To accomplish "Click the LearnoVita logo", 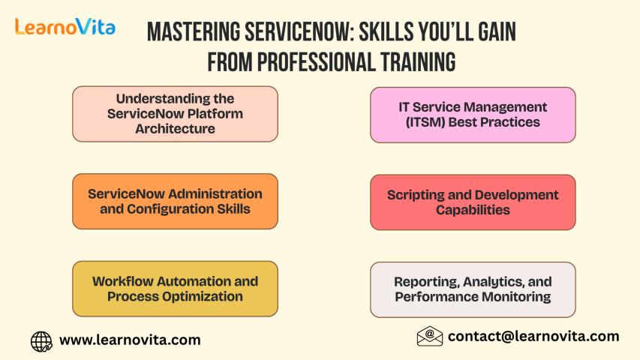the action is pyautogui.click(x=65, y=27).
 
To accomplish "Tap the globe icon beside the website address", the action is pyautogui.click(x=41, y=341).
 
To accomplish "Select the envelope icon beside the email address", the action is pyautogui.click(x=430, y=336).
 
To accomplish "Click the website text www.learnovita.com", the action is pyautogui.click(x=130, y=340).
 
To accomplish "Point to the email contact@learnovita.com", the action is pyautogui.click(x=533, y=336).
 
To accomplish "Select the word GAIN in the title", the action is pyautogui.click(x=497, y=32).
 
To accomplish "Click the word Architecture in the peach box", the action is pyautogui.click(x=175, y=128).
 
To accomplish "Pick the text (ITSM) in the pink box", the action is pyautogui.click(x=425, y=122).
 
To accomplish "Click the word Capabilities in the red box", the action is pyautogui.click(x=473, y=210).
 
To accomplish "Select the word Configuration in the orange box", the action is pyautogui.click(x=170, y=209).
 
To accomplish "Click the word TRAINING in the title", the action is pyautogui.click(x=419, y=62).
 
